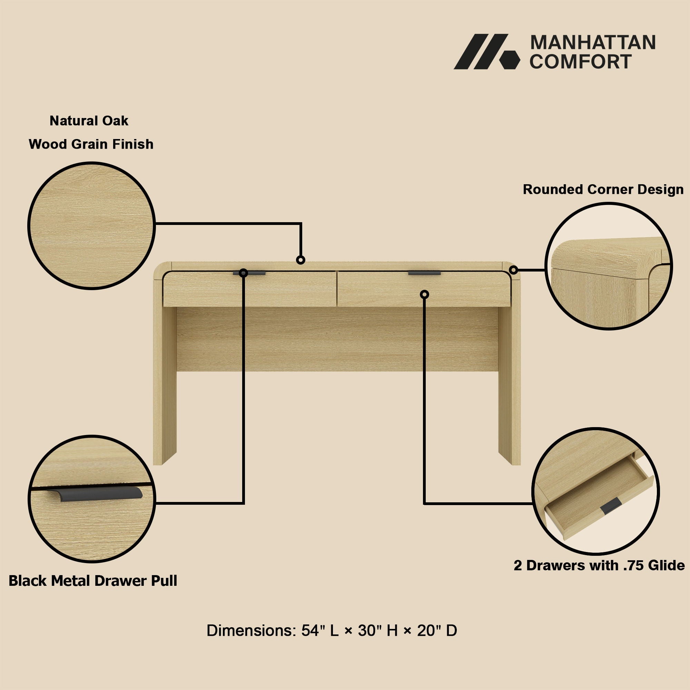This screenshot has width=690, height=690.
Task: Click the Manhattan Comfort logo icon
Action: click(x=487, y=51)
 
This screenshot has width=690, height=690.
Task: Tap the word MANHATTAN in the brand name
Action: click(x=593, y=43)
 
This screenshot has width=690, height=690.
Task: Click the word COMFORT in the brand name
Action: click(x=581, y=61)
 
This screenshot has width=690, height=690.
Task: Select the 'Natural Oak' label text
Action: click(x=89, y=121)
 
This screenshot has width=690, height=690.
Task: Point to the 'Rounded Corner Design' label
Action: click(x=603, y=189)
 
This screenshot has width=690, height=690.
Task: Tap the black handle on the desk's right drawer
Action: click(x=424, y=273)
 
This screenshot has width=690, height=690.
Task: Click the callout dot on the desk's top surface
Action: click(x=301, y=260)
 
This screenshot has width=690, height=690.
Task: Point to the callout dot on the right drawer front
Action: click(x=424, y=294)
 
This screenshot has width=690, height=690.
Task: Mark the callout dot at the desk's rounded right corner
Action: click(x=514, y=270)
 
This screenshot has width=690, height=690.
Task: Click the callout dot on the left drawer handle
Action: click(x=243, y=273)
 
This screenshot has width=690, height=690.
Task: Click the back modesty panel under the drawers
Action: click(x=337, y=339)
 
